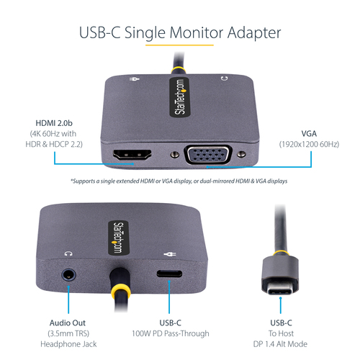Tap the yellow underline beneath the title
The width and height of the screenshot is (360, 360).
180,47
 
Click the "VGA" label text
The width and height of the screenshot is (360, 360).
308,133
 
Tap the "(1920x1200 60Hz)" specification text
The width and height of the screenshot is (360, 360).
308,144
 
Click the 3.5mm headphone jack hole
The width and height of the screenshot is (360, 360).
69,274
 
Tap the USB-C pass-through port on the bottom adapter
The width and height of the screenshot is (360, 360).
170,275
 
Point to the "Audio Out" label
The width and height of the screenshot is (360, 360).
69,323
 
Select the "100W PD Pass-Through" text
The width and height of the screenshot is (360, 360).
171,333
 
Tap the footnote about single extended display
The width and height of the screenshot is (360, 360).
179,181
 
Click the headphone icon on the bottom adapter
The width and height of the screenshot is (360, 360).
68,253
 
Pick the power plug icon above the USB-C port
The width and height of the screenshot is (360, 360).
170,253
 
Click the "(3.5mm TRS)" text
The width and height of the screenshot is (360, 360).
69,333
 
